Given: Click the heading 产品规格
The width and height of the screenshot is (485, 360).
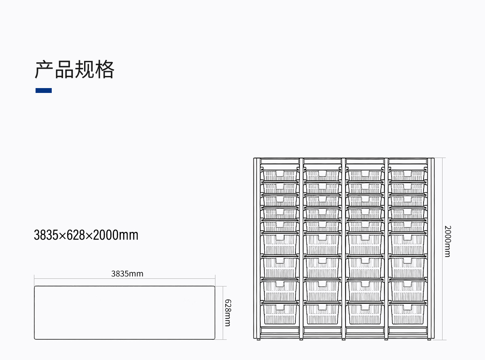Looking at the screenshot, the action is [x=74, y=69].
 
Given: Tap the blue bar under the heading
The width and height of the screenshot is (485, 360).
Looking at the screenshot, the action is [x=44, y=91].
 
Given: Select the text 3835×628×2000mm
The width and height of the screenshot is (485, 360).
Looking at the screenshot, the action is [x=86, y=235].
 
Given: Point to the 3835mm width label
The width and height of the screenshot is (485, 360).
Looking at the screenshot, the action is [x=127, y=274].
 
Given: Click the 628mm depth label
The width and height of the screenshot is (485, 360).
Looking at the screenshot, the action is [x=228, y=313].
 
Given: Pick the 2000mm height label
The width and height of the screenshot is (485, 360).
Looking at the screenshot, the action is [x=447, y=241].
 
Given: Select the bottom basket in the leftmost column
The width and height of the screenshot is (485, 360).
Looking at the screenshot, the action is [x=280, y=313].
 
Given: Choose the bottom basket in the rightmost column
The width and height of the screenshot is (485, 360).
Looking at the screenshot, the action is [x=407, y=313].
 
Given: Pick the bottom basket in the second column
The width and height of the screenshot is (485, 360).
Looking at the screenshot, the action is [x=322, y=313].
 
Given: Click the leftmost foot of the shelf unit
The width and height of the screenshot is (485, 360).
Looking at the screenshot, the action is [x=258, y=339].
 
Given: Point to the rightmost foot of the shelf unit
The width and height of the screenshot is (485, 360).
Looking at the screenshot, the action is [x=429, y=339].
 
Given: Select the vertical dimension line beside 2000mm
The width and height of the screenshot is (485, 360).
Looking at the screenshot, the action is [x=442, y=249].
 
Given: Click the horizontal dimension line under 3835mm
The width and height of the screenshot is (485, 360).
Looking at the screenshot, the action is [x=124, y=279].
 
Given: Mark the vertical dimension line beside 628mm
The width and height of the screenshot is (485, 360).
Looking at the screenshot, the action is [x=223, y=313].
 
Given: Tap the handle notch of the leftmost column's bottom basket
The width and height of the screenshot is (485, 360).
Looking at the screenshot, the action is [x=280, y=307].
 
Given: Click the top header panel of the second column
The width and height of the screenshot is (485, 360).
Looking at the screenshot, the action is [x=322, y=161].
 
